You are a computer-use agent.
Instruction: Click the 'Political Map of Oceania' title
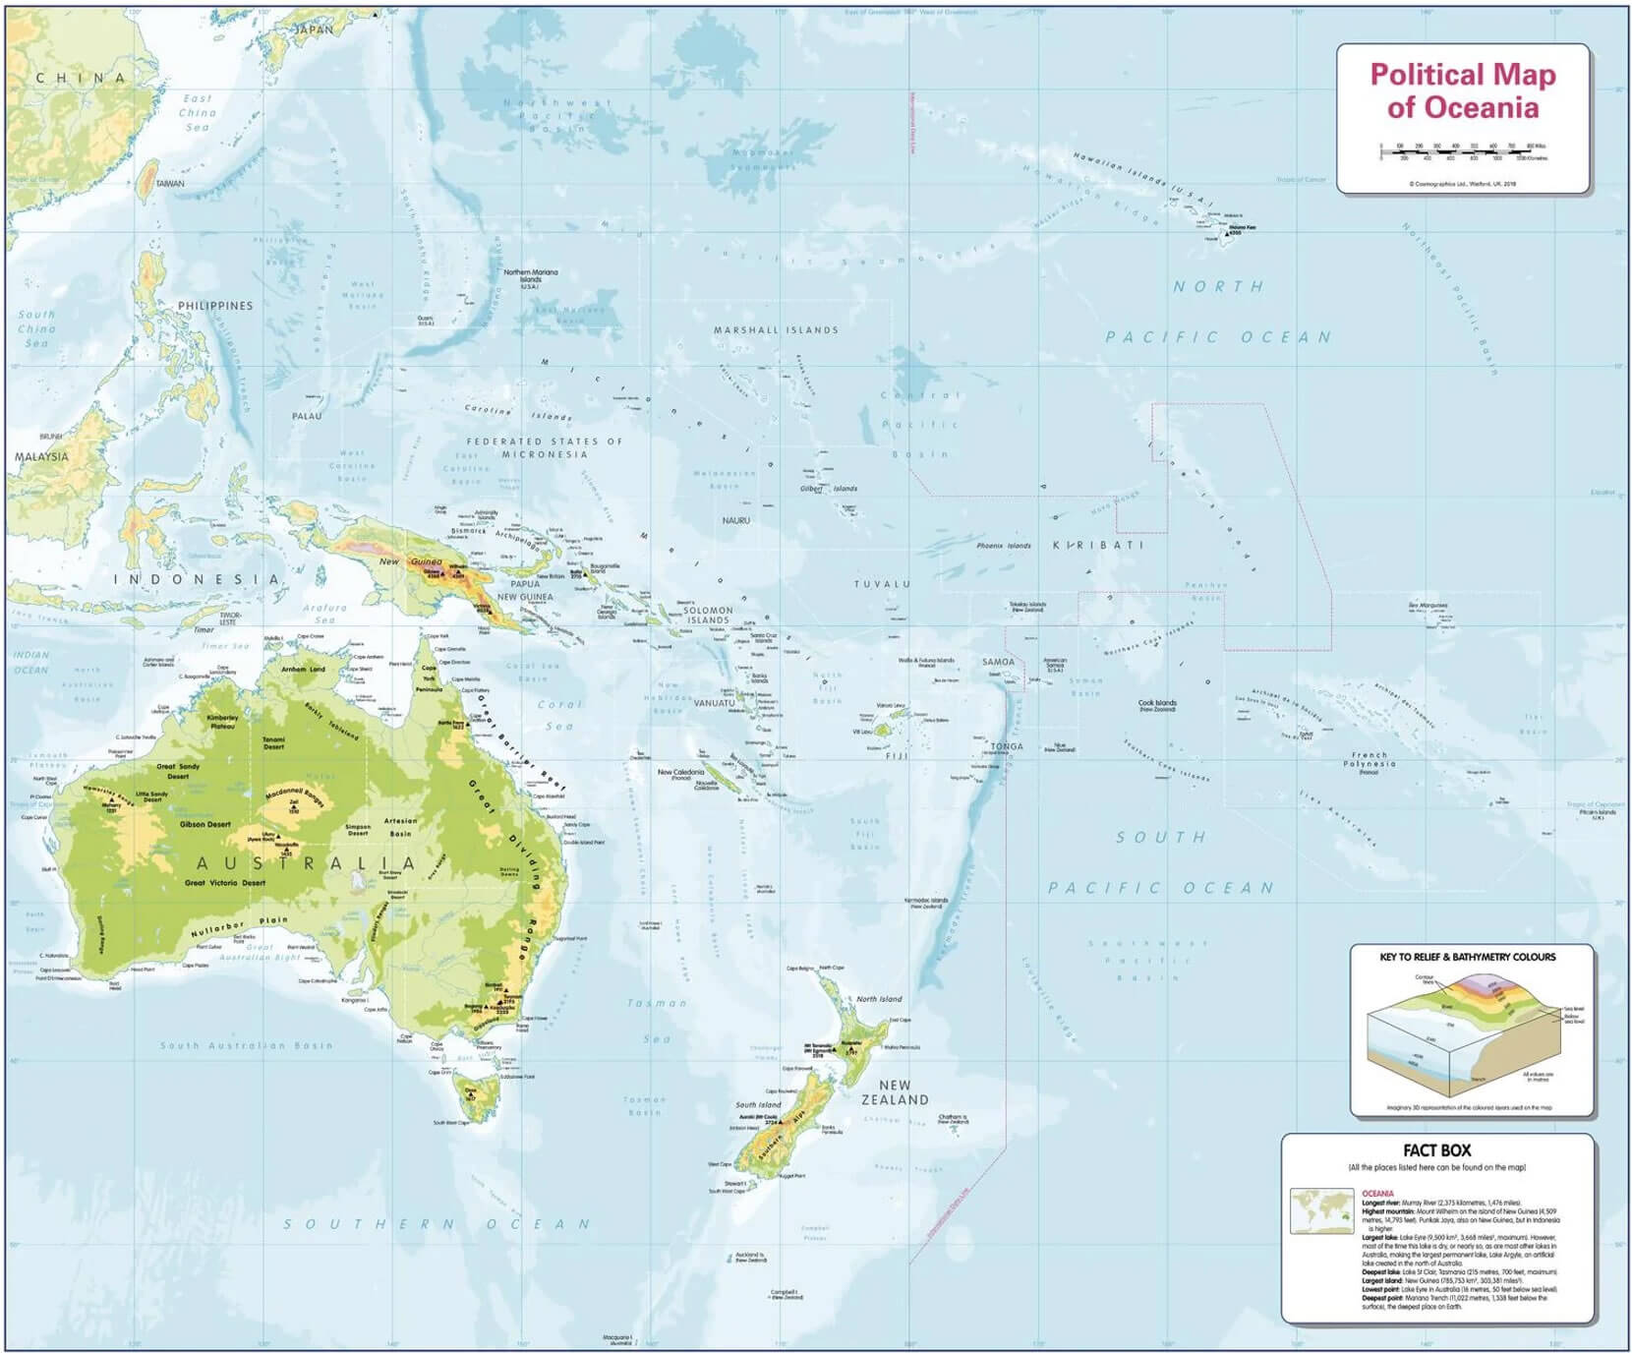[x=1462, y=90]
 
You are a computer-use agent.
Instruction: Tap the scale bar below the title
[x=1462, y=152]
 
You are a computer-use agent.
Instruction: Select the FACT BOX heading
[x=1436, y=1150]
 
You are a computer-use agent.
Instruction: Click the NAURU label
[x=735, y=520]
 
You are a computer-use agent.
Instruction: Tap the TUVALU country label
[x=882, y=584]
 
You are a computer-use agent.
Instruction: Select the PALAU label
[x=307, y=416]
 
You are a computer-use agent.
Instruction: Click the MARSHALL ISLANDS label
[x=776, y=330]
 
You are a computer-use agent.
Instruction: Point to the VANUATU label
[x=714, y=703]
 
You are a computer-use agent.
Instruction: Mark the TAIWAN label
[x=169, y=184]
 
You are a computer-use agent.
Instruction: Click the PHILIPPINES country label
[x=215, y=306]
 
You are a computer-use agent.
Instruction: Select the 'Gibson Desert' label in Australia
[x=204, y=824]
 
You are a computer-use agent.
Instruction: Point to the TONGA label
[x=1007, y=746]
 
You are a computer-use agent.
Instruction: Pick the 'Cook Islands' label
[x=1157, y=704]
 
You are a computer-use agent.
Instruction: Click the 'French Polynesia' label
[x=1370, y=760]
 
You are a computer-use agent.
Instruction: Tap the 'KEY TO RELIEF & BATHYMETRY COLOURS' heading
[x=1467, y=956]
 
